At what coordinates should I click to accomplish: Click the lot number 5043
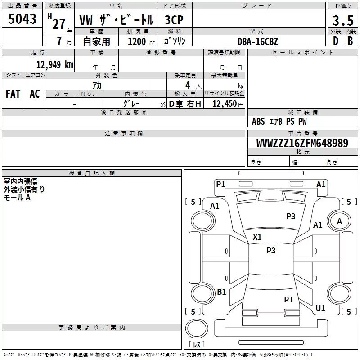(x=22, y=18)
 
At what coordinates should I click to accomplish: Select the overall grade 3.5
(x=343, y=20)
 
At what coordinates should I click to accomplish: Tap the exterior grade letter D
(x=336, y=41)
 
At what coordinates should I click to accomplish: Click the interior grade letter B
(x=350, y=41)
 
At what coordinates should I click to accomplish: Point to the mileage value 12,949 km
(x=55, y=64)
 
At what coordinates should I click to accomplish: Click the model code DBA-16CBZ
(x=257, y=41)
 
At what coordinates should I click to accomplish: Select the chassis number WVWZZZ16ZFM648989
(x=302, y=143)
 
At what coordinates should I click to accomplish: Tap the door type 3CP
(x=174, y=20)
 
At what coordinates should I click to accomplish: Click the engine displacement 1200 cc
(x=141, y=41)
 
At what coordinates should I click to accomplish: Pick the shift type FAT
(x=13, y=94)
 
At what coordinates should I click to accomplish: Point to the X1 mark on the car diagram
(x=257, y=237)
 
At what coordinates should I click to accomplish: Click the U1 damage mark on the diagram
(x=320, y=308)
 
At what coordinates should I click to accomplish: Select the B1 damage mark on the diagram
(x=221, y=292)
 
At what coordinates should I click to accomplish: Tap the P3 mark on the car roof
(x=271, y=250)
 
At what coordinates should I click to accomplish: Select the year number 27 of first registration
(x=58, y=24)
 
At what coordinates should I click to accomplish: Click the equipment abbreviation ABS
(x=258, y=121)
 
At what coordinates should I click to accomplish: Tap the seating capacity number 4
(x=188, y=85)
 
